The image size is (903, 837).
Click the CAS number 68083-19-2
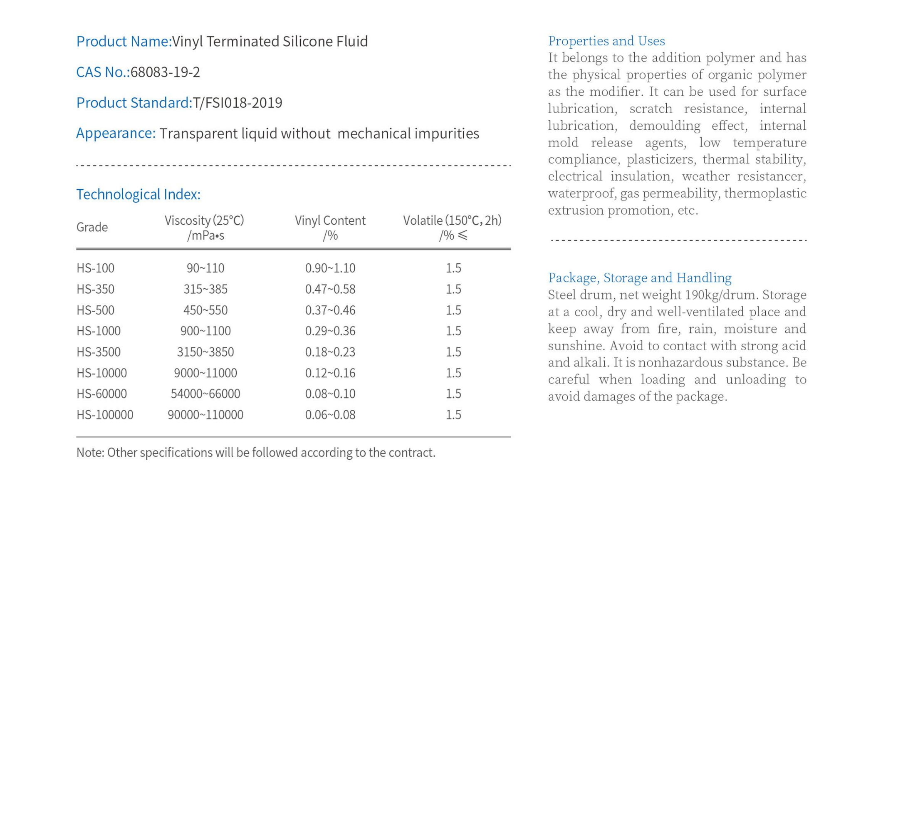pyautogui.click(x=165, y=72)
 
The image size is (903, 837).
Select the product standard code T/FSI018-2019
pyautogui.click(x=238, y=103)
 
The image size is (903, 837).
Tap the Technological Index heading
pyautogui.click(x=138, y=194)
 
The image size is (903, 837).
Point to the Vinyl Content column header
pyautogui.click(x=330, y=228)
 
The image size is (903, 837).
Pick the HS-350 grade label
pyautogui.click(x=95, y=289)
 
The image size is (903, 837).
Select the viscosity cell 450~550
pyautogui.click(x=205, y=310)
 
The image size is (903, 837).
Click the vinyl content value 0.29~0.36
pyautogui.click(x=330, y=331)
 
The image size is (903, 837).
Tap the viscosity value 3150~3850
pyautogui.click(x=205, y=352)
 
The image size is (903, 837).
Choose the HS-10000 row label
pyautogui.click(x=101, y=373)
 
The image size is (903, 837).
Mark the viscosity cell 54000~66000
pyautogui.click(x=205, y=394)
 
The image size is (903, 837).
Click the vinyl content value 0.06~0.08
pyautogui.click(x=330, y=415)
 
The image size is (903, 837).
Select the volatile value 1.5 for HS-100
pyautogui.click(x=453, y=268)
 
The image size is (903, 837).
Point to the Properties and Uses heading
pyautogui.click(x=606, y=41)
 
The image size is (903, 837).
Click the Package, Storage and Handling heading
pyautogui.click(x=639, y=277)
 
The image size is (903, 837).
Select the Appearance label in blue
pyautogui.click(x=116, y=133)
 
